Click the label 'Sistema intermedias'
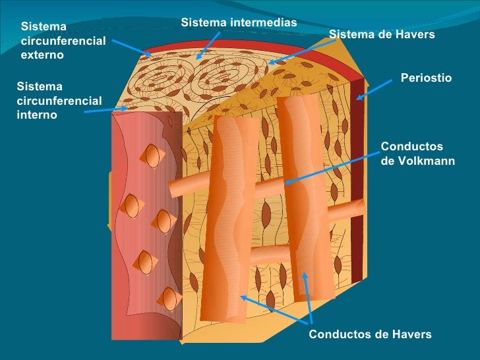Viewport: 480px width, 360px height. tap(239, 22)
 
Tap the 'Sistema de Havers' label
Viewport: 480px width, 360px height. tap(382, 34)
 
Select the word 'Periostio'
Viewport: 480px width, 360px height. tap(426, 78)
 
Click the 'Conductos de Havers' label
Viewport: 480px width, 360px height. tap(370, 334)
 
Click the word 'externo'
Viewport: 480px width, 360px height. tap(42, 55)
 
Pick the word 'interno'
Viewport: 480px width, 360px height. tap(37, 115)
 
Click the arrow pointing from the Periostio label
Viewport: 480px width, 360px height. tap(374, 90)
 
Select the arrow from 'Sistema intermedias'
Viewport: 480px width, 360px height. tap(208, 45)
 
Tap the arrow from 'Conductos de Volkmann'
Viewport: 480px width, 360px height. tap(332, 168)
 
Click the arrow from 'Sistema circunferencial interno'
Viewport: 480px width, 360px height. tap(106, 110)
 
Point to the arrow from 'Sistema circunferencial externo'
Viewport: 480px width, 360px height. tap(132, 47)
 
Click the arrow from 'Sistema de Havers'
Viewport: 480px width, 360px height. tap(302, 52)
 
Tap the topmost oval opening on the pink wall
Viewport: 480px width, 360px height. tap(152, 156)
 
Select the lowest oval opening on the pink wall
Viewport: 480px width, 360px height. tap(169, 299)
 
